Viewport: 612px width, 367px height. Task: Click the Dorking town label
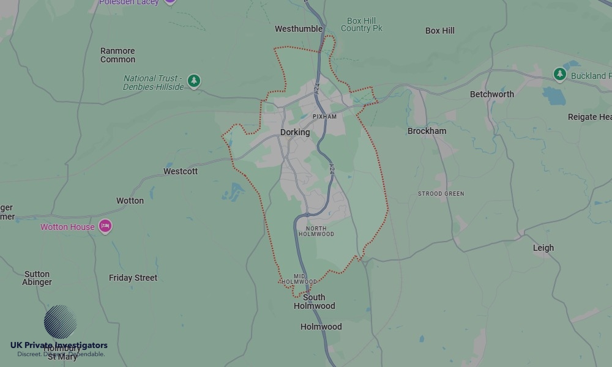pos(295,132)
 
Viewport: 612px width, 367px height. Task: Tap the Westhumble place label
pos(299,29)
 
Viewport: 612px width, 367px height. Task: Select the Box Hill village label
pos(440,31)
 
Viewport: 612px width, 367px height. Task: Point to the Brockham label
pos(427,131)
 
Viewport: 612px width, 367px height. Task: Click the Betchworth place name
pos(492,94)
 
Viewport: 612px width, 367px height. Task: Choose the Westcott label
pos(181,171)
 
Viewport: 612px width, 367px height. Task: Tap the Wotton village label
pos(130,201)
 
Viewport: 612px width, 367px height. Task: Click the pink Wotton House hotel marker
pos(105,226)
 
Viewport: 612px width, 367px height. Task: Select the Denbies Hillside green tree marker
pos(194,81)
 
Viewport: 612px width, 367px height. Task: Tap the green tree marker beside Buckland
pos(559,75)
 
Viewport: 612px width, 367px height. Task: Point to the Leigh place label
pos(543,248)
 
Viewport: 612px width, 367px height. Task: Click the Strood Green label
pos(441,194)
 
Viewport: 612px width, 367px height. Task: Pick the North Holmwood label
pos(316,231)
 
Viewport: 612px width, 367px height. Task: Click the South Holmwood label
pos(315,302)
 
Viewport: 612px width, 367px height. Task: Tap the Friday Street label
pos(133,278)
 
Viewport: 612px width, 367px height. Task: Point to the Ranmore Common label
pos(118,55)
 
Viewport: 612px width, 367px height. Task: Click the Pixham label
pos(324,116)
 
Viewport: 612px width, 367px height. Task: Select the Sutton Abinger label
pos(37,278)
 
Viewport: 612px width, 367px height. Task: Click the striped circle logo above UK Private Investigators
pos(61,322)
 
